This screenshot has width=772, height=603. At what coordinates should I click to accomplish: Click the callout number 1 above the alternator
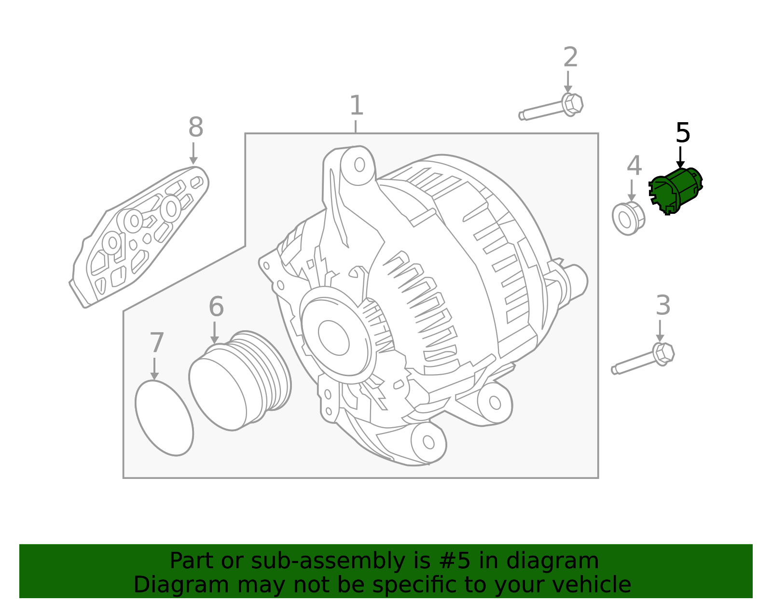(x=356, y=106)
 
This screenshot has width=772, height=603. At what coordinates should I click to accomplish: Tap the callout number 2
(x=570, y=57)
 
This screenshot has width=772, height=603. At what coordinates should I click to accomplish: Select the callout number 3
(x=663, y=306)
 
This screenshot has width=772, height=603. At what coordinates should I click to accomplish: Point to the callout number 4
(x=634, y=166)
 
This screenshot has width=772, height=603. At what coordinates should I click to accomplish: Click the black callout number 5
(x=683, y=133)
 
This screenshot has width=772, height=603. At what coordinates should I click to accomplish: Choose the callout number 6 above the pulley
(x=216, y=307)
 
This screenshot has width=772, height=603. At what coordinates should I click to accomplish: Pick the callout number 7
(x=157, y=343)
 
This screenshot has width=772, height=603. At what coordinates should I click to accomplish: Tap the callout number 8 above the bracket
(x=195, y=128)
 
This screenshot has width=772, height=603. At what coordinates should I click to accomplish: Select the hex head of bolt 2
(x=572, y=104)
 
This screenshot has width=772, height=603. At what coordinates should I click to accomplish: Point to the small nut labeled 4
(x=628, y=219)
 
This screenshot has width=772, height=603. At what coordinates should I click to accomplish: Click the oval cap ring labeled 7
(x=164, y=418)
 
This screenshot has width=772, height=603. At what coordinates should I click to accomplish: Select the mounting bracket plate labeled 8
(x=140, y=237)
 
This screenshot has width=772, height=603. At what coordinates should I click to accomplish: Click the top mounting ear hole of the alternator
(x=359, y=165)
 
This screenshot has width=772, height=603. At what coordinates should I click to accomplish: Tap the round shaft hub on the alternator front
(x=333, y=337)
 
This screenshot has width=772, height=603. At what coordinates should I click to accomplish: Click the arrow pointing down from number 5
(x=680, y=158)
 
